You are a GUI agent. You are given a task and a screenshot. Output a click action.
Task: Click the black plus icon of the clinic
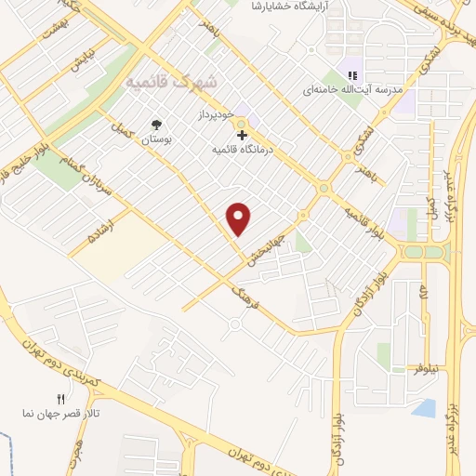click(242, 136)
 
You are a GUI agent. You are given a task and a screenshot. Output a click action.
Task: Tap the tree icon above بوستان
click(155, 125)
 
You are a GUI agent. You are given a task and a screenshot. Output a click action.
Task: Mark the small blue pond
click(423, 407)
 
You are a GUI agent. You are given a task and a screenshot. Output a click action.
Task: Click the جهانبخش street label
click(267, 244)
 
